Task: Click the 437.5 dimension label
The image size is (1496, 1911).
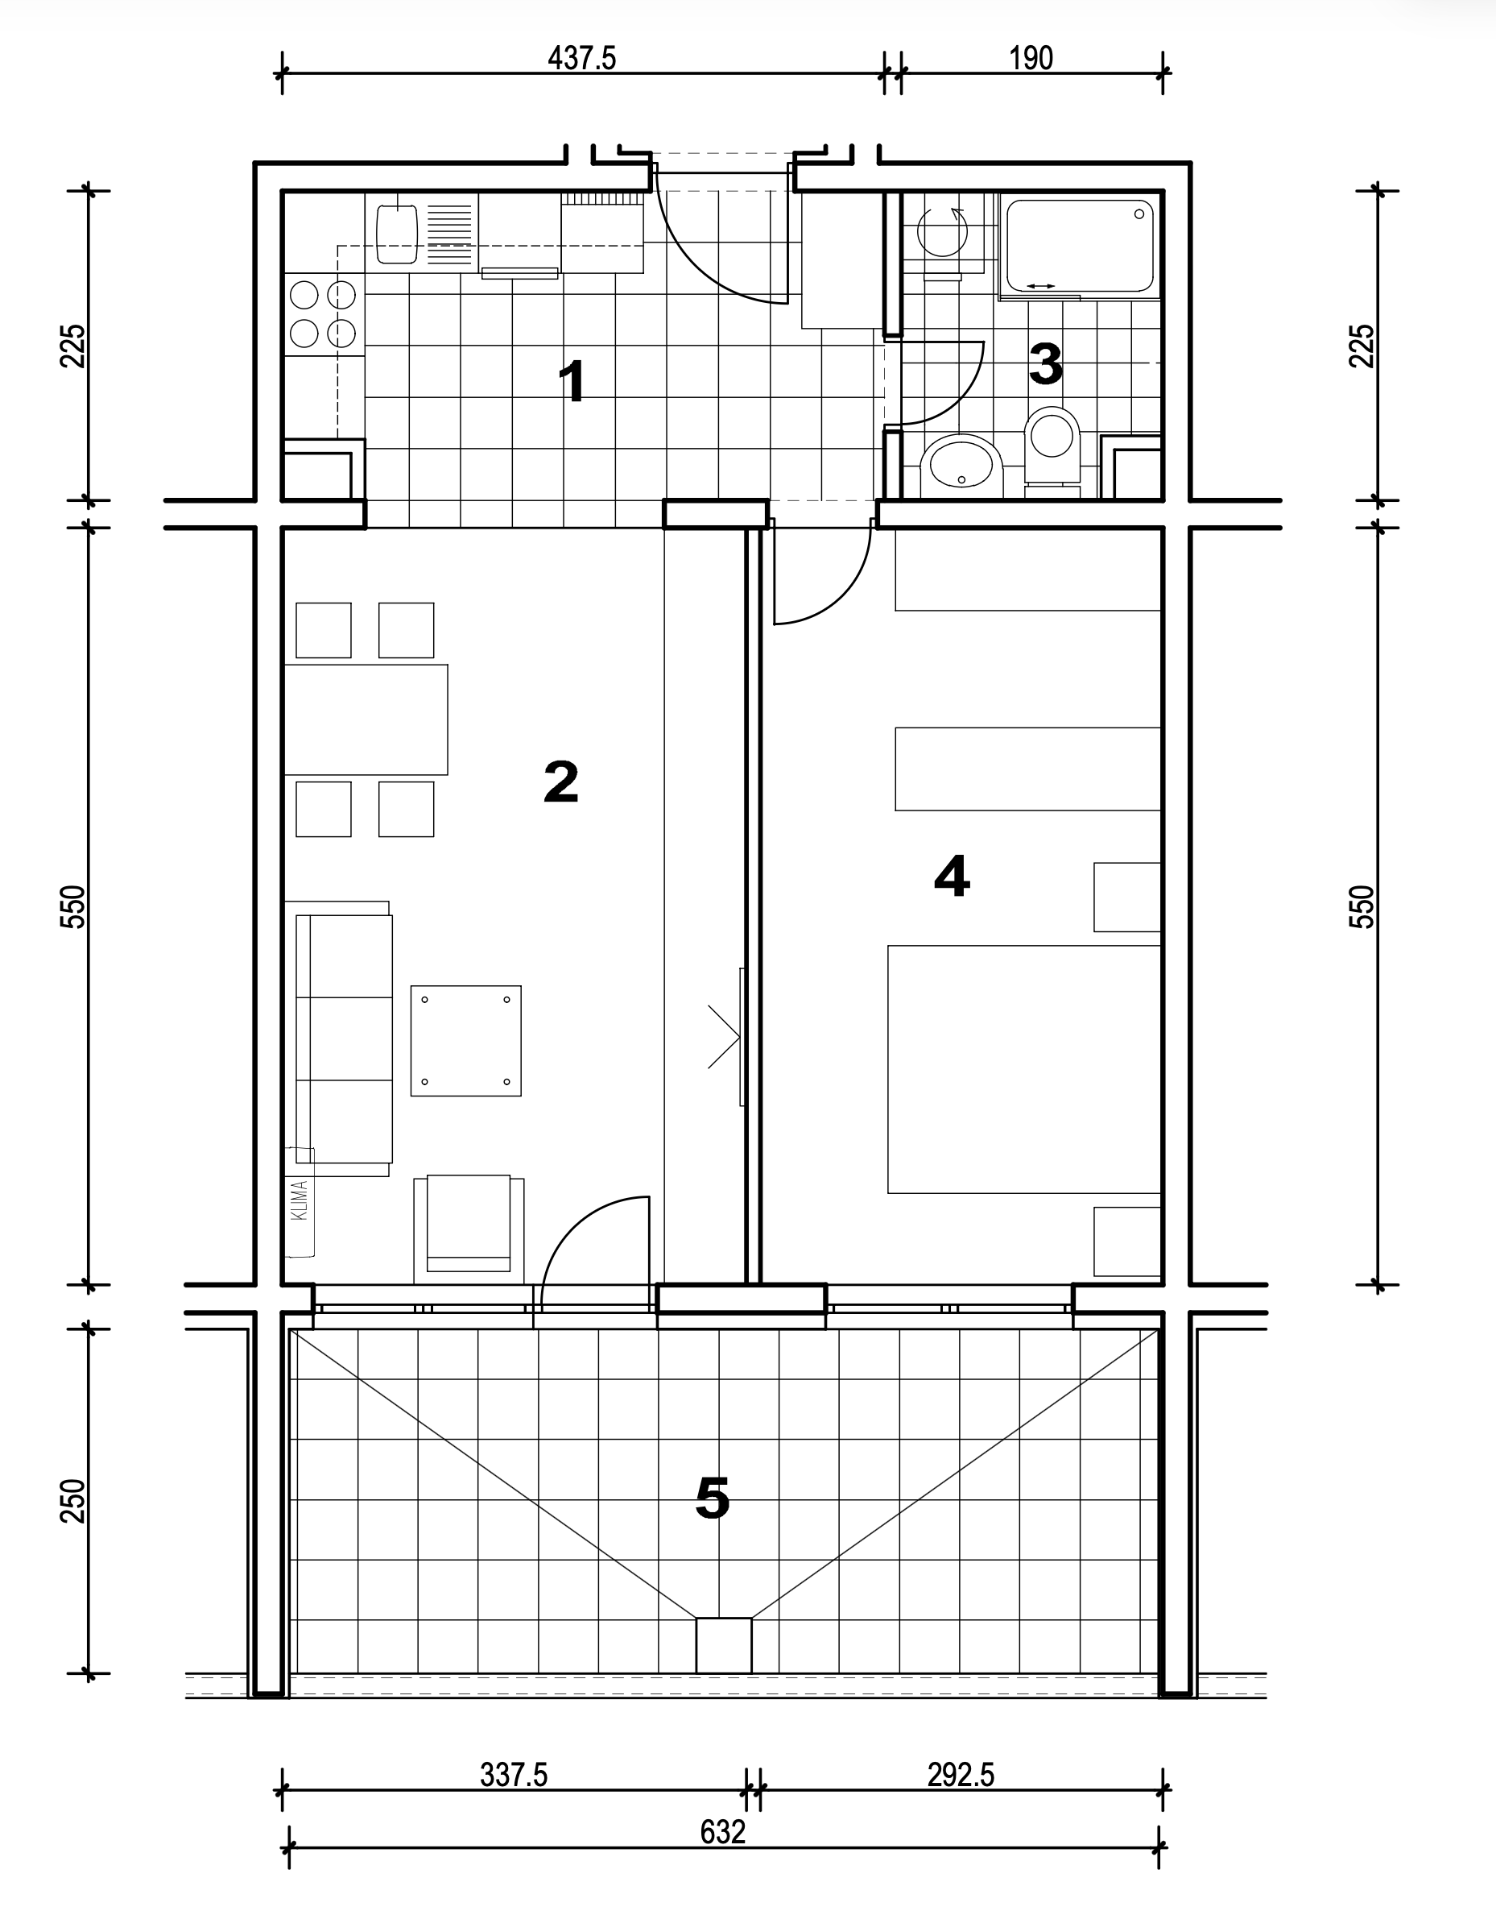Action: (x=581, y=59)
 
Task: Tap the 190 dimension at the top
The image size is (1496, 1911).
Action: (x=1031, y=59)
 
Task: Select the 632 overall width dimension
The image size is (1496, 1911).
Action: (x=722, y=1831)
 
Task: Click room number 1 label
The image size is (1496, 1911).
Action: (x=572, y=382)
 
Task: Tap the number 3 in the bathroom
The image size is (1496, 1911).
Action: (x=1046, y=363)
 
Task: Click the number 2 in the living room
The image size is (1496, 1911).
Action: (x=560, y=781)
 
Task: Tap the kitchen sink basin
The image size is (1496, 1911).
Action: (x=397, y=233)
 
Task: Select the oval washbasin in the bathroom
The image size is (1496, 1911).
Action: (x=961, y=462)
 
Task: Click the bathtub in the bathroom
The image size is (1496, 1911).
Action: (x=1080, y=247)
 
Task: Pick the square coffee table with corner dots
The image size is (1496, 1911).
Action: (x=466, y=1041)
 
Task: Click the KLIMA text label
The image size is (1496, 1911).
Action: (x=300, y=1200)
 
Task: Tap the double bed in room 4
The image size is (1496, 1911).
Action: (x=1024, y=1069)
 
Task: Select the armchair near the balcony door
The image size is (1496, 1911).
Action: (x=469, y=1229)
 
